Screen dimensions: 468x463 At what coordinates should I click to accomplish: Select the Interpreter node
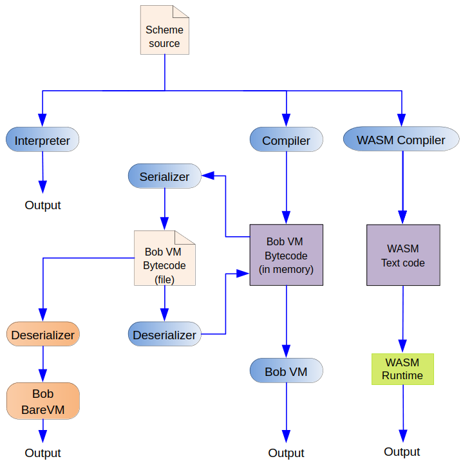[x=43, y=140]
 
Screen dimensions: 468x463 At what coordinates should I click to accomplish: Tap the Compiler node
[x=286, y=140]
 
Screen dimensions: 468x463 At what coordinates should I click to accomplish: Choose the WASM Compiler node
[x=401, y=140]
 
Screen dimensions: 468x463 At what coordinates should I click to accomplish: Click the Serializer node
[x=165, y=176]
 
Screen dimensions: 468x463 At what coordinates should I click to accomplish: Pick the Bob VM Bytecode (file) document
[x=164, y=258]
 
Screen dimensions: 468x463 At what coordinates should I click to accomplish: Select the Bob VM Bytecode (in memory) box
[x=286, y=255]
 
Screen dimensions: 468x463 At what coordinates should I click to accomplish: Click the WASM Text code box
[x=403, y=255]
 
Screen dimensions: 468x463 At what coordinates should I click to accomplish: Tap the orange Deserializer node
[x=43, y=335]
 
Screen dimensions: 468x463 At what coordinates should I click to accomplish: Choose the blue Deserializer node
[x=164, y=335]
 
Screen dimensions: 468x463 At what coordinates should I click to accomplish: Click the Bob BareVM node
[x=43, y=400]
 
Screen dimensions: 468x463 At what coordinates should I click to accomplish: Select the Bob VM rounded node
[x=286, y=371]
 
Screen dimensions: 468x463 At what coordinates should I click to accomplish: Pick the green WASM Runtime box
[x=403, y=369]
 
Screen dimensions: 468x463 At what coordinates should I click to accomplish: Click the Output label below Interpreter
[x=43, y=205]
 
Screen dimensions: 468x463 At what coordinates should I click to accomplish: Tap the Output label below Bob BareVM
[x=43, y=453]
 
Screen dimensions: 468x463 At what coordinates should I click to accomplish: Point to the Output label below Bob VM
[x=286, y=453]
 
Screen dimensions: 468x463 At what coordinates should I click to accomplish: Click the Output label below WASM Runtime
[x=402, y=451]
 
